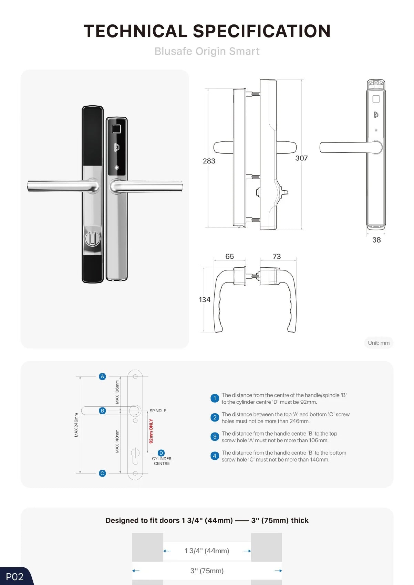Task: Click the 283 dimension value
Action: pyautogui.click(x=209, y=161)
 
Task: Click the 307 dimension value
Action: pyautogui.click(x=301, y=158)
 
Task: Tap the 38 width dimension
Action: pyautogui.click(x=376, y=240)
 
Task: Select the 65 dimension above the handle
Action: pyautogui.click(x=229, y=256)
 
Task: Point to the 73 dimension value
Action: pyautogui.click(x=277, y=256)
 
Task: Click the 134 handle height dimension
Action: pyautogui.click(x=204, y=299)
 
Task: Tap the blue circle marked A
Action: pyautogui.click(x=102, y=376)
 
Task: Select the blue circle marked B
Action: pyautogui.click(x=102, y=411)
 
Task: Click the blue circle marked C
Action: pyautogui.click(x=102, y=473)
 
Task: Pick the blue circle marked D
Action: pyautogui.click(x=161, y=453)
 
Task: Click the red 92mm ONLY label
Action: pyautogui.click(x=151, y=431)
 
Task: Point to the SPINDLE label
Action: pyautogui.click(x=158, y=411)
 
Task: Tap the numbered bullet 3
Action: pyautogui.click(x=215, y=436)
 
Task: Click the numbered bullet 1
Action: pyautogui.click(x=215, y=398)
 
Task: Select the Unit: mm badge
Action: pyautogui.click(x=379, y=343)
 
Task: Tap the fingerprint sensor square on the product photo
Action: pyautogui.click(x=116, y=129)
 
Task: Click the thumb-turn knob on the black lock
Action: pyautogui.click(x=93, y=238)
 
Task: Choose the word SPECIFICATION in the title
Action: pyautogui.click(x=262, y=31)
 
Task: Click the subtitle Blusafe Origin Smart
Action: pyautogui.click(x=207, y=51)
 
